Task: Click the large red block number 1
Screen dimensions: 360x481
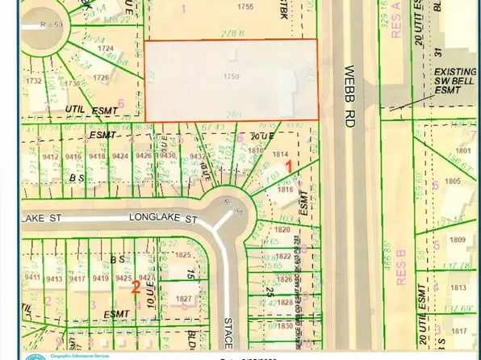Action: pyautogui.click(x=289, y=165)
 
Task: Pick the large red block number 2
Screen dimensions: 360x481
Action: pyautogui.click(x=136, y=286)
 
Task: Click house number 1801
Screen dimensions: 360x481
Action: pyautogui.click(x=462, y=150)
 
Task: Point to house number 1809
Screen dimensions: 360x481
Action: pyautogui.click(x=458, y=240)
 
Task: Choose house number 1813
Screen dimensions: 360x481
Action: pyautogui.click(x=458, y=287)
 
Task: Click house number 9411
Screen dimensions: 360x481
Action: pyautogui.click(x=33, y=278)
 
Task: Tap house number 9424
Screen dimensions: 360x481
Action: pyautogui.click(x=121, y=157)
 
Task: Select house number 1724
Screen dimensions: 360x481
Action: pyautogui.click(x=105, y=48)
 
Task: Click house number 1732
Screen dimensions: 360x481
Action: pyautogui.click(x=33, y=81)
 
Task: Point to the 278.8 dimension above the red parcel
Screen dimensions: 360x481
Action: pyautogui.click(x=234, y=32)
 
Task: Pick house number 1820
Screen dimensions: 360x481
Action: pyautogui.click(x=282, y=230)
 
